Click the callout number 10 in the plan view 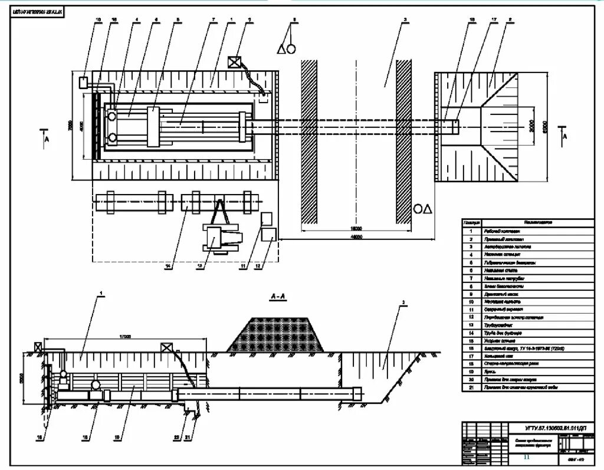coord(99,20)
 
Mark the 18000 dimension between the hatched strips coord(356,228)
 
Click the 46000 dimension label coord(356,236)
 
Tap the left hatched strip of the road coord(309,142)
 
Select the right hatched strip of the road coord(403,142)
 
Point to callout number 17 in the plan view coord(493,20)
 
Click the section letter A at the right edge coord(564,136)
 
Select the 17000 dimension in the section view coord(124,336)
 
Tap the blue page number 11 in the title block coord(527,458)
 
